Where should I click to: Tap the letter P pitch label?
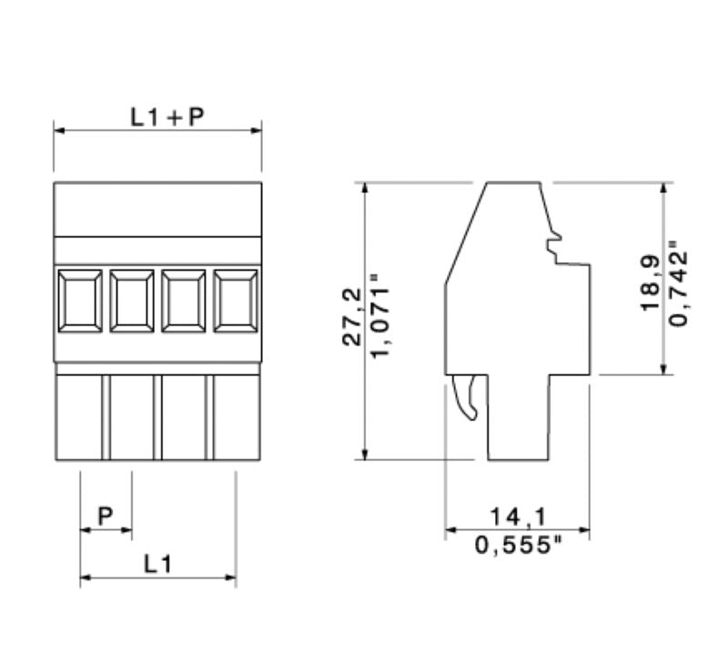[x=105, y=517]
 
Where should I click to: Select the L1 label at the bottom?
[x=157, y=563]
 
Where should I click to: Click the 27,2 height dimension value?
[x=351, y=317]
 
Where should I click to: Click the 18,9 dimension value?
[x=649, y=283]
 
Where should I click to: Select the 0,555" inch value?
[x=518, y=546]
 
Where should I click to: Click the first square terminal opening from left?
[x=79, y=301]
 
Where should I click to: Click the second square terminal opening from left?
[x=132, y=301]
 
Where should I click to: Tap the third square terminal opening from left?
[x=184, y=301]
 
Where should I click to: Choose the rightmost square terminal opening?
[x=236, y=301]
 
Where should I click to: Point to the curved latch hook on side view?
[x=468, y=401]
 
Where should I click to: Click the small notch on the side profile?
[x=552, y=243]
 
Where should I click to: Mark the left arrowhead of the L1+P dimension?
[x=59, y=130]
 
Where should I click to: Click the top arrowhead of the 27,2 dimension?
[x=365, y=188]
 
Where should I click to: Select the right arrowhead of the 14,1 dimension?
[x=583, y=530]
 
